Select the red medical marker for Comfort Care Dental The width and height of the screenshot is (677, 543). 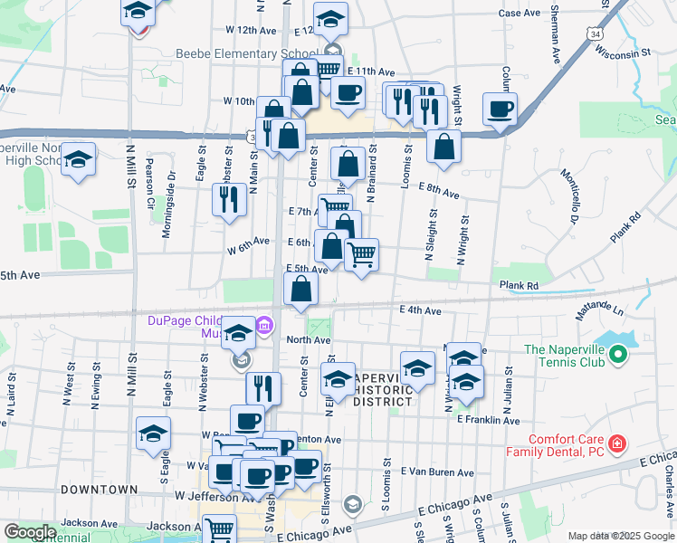(x=616, y=443)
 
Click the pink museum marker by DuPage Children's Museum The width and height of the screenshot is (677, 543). (x=264, y=324)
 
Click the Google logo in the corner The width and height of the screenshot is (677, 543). (x=30, y=532)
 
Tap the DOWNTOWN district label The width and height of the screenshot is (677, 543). (x=100, y=490)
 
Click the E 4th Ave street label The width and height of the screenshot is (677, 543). (x=420, y=310)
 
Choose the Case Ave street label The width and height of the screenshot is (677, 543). (x=520, y=14)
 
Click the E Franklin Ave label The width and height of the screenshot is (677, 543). (x=489, y=421)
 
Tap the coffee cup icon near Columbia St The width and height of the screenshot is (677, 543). (x=500, y=110)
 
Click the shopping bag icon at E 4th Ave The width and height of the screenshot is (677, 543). (x=301, y=290)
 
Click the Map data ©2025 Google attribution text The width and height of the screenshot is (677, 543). (x=620, y=536)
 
